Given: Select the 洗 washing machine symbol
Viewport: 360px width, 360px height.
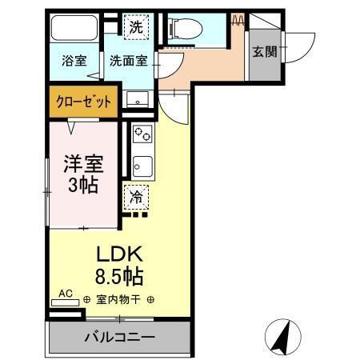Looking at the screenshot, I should pos(137,25).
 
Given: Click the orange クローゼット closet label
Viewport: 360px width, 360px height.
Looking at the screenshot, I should pos(82,102).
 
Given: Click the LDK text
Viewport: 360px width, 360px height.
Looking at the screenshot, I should pos(120,255).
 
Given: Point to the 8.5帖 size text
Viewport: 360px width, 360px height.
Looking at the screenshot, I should pos(120,278).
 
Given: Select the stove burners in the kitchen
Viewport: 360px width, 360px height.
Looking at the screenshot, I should pos(142,133).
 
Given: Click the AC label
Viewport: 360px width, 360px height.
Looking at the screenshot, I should pos(66,294).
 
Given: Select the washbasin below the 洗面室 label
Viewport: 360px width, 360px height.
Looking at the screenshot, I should pos(138,100).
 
